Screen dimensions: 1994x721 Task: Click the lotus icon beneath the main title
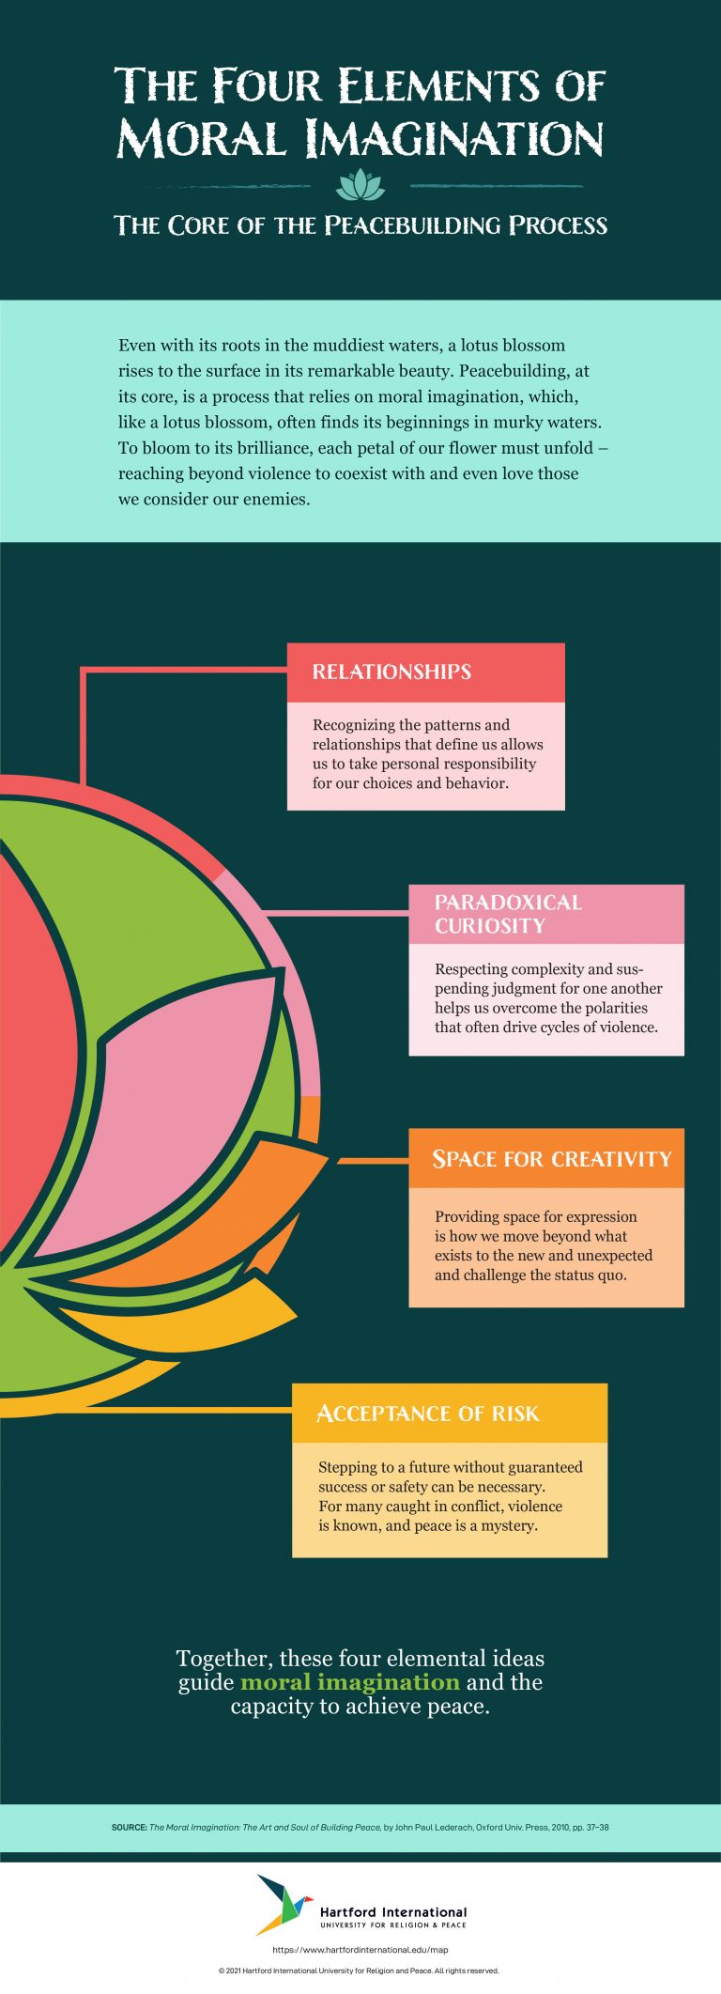point(360,185)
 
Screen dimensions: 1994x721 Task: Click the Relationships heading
point(391,672)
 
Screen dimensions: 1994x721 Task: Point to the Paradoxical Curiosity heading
point(508,914)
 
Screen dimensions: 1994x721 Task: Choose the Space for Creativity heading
point(551,1159)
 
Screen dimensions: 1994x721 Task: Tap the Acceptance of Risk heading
point(428,1414)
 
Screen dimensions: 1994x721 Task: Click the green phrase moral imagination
point(350,1681)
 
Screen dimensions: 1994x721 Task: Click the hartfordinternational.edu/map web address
point(360,1950)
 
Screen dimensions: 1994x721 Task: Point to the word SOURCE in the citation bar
point(129,1827)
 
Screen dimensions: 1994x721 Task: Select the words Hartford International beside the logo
point(393,1911)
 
